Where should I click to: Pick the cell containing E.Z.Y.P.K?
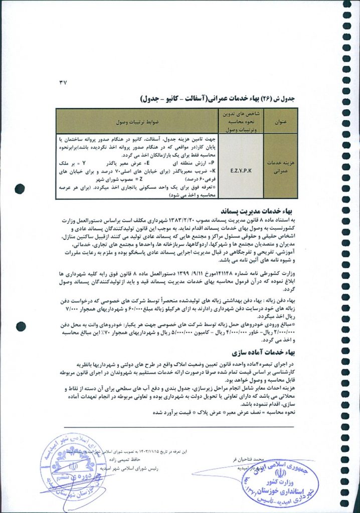[244, 170]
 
